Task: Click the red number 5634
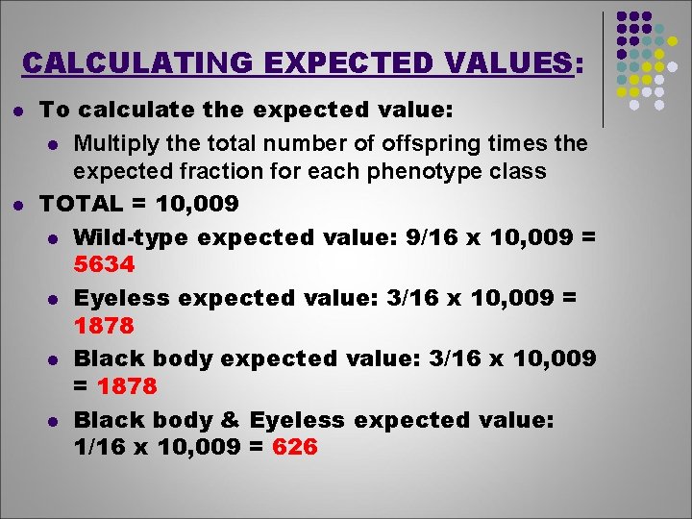(105, 263)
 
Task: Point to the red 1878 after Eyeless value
(105, 325)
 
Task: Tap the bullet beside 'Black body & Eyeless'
(55, 421)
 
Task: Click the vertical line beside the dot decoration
(603, 67)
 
